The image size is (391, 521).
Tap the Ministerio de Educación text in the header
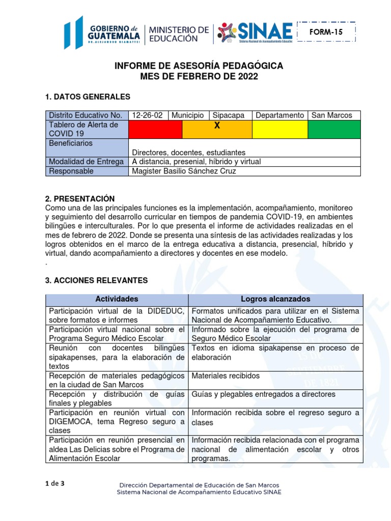click(178, 33)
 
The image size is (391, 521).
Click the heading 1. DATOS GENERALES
click(88, 97)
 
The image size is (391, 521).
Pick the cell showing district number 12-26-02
click(148, 115)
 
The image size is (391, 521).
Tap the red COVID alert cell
click(156, 129)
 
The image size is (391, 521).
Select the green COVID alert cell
click(334, 129)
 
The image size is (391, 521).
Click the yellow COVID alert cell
click(280, 129)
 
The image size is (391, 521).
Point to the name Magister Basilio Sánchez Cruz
click(184, 171)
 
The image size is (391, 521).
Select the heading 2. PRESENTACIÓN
click(80, 198)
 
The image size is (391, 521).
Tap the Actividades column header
click(117, 299)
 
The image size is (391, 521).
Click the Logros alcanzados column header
click(275, 299)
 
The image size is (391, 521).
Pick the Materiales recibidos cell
click(226, 376)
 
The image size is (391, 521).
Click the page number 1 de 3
click(55, 484)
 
